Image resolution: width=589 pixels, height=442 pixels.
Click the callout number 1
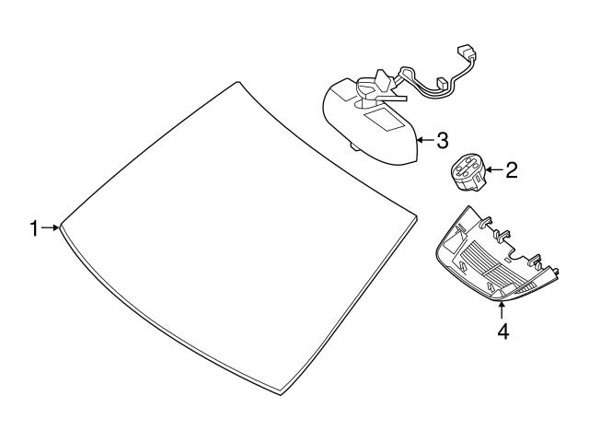pyautogui.click(x=35, y=228)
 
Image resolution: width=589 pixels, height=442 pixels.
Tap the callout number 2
pyautogui.click(x=512, y=170)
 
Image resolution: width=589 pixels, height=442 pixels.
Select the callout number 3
pyautogui.click(x=442, y=141)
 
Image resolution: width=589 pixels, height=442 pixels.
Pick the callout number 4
pyautogui.click(x=502, y=331)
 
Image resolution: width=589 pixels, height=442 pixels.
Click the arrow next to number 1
pyautogui.click(x=51, y=227)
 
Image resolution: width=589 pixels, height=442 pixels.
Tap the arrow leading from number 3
pyautogui.click(x=425, y=140)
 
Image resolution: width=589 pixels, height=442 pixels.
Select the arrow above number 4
pyautogui.click(x=502, y=311)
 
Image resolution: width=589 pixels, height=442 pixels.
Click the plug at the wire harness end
pyautogui.click(x=467, y=52)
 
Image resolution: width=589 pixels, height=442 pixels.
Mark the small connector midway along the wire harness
pyautogui.click(x=442, y=83)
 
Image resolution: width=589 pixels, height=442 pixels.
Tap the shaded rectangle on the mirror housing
pyautogui.click(x=383, y=120)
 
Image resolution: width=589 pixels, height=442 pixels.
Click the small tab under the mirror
pyautogui.click(x=355, y=146)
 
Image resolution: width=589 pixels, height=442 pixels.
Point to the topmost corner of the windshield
pyautogui.click(x=237, y=82)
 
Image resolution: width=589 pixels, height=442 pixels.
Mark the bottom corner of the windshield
pyautogui.click(x=281, y=395)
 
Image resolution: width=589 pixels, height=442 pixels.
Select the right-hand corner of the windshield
pyautogui.click(x=417, y=217)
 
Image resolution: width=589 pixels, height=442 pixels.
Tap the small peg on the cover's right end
pyautogui.click(x=555, y=271)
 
